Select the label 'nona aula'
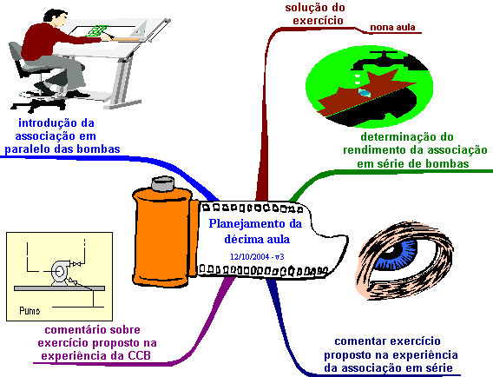(392, 28)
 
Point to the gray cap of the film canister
(163, 184)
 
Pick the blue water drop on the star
(364, 93)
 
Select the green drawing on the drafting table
(98, 30)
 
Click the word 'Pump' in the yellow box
(30, 311)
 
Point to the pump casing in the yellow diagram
(59, 272)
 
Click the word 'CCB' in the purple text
(139, 355)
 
